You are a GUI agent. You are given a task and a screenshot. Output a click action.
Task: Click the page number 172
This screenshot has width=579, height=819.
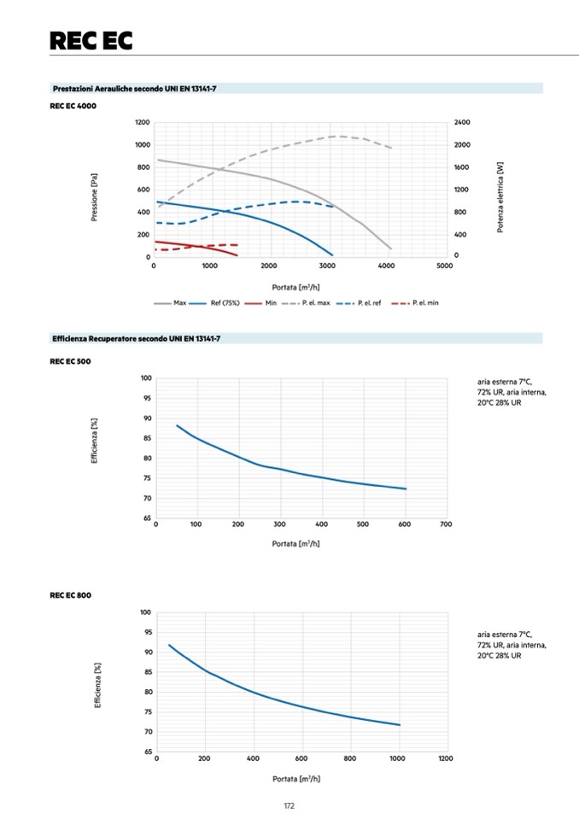[289, 805]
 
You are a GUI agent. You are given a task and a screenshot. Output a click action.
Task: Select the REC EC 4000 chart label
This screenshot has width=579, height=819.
[73, 106]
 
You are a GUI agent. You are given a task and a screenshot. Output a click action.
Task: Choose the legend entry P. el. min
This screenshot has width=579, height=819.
[425, 302]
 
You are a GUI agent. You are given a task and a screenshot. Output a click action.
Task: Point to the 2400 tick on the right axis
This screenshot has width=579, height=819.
[461, 123]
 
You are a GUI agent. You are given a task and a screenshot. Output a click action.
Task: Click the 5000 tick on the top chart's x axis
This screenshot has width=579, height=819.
[444, 266]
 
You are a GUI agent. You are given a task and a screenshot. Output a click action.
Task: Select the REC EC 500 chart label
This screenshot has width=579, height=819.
[71, 361]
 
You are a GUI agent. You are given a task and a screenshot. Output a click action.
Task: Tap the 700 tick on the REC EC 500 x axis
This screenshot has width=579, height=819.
[446, 524]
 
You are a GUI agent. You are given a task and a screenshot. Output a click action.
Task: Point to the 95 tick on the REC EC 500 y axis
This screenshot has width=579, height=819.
[146, 398]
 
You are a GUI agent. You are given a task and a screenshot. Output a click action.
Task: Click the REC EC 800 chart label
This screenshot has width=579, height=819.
[71, 595]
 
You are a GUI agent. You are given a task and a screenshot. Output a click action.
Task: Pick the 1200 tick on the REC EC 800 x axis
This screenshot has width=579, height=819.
[445, 758]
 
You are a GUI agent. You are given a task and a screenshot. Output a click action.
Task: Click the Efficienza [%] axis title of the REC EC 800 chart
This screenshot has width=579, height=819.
[97, 684]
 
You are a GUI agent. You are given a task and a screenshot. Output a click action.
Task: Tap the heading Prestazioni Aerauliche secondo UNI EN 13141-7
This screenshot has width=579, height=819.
[134, 88]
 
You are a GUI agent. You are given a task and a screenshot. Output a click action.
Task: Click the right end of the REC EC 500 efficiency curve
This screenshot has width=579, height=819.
[406, 488]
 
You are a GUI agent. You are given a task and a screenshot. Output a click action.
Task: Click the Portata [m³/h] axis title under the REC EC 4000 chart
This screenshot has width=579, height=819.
[296, 287]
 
